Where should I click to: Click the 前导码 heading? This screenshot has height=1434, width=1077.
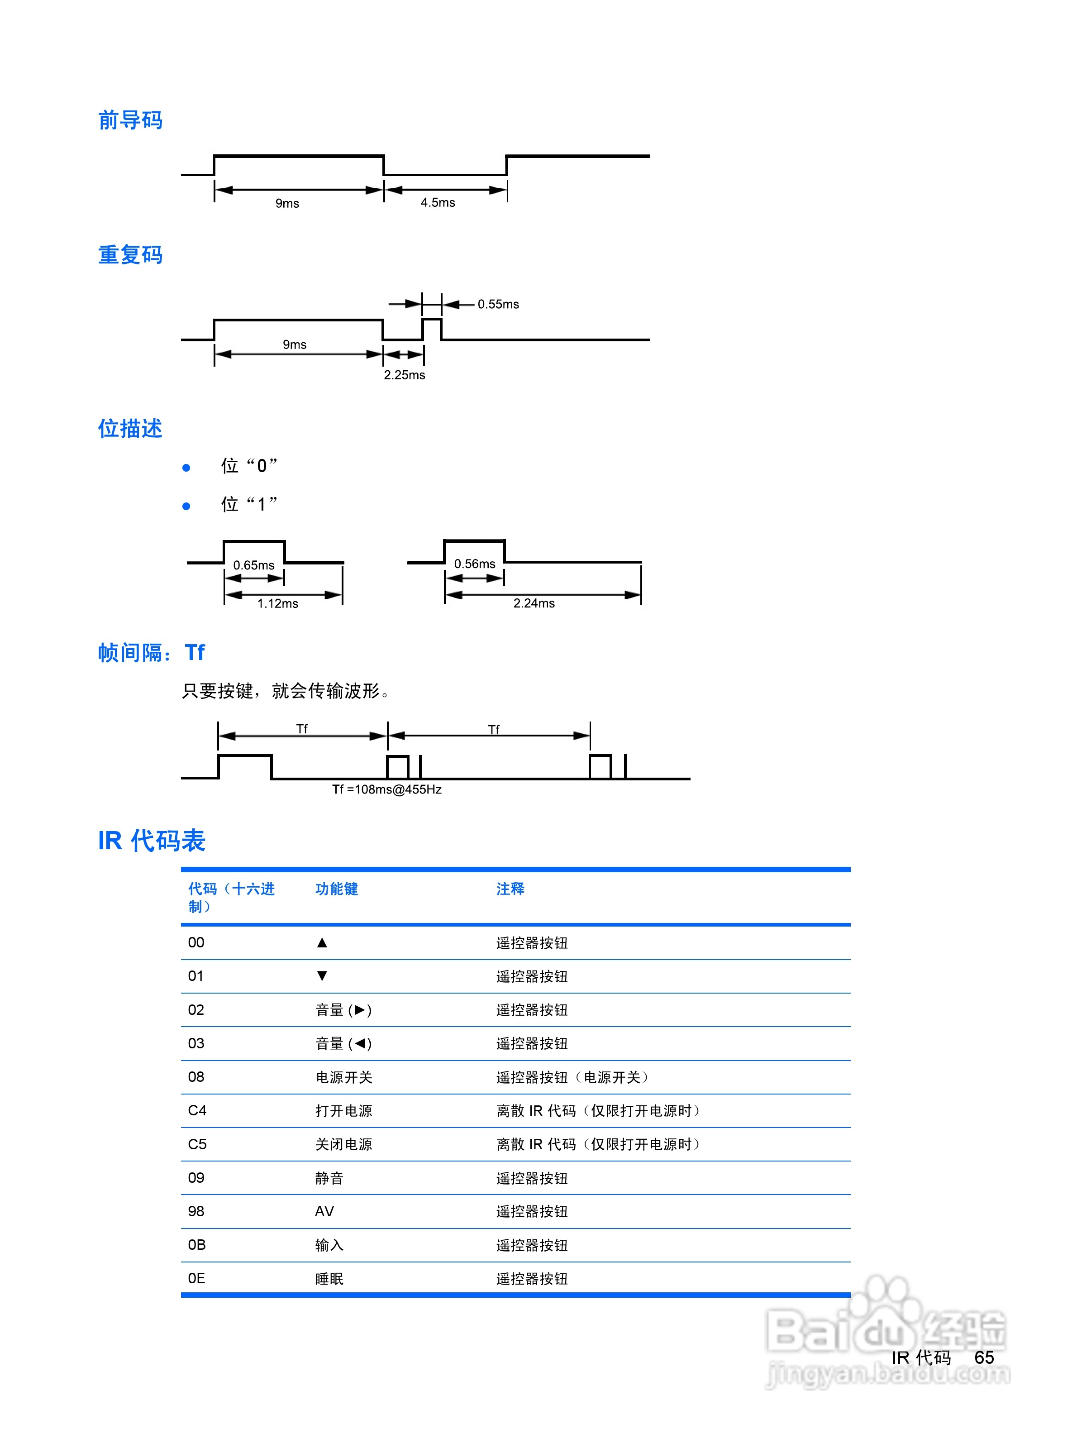(130, 120)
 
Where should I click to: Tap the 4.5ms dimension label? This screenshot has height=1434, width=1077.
(438, 202)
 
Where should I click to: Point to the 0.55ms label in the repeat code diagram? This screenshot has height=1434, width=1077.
(498, 304)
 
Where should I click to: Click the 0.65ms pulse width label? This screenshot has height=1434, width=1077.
(253, 565)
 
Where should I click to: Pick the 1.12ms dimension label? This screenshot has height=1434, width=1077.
(277, 603)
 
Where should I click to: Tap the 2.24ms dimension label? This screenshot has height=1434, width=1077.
(534, 603)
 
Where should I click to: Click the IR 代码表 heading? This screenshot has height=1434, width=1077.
(152, 841)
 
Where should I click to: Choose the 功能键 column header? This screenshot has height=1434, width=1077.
(336, 889)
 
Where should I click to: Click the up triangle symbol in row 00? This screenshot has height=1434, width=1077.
(322, 942)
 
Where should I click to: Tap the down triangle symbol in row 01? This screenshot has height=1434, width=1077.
(322, 975)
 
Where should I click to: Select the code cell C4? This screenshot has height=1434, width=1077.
(197, 1110)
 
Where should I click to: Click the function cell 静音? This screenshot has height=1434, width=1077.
(329, 1178)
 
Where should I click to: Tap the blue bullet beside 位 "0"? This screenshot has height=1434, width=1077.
(186, 468)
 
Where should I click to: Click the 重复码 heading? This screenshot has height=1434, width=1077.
(130, 255)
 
